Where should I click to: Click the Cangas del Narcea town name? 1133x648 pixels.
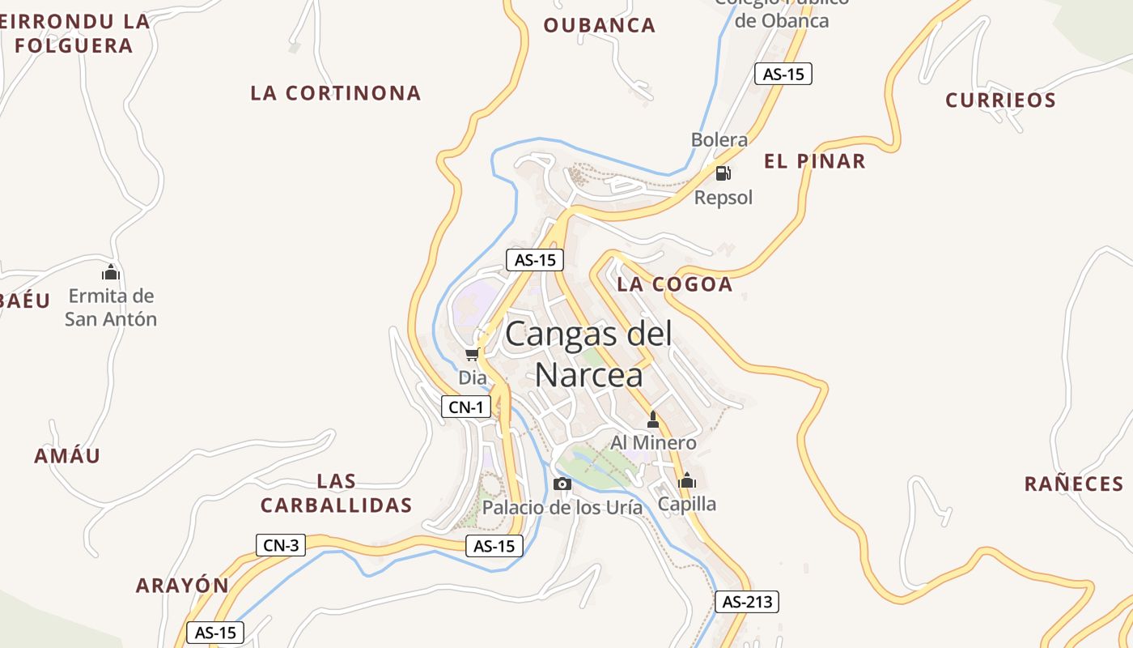pyautogui.click(x=588, y=354)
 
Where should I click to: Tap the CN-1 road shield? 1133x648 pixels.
pyautogui.click(x=466, y=407)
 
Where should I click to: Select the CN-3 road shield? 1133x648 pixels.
pyautogui.click(x=281, y=545)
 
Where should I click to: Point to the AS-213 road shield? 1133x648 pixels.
pyautogui.click(x=746, y=602)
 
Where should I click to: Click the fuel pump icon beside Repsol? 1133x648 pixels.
pyautogui.click(x=723, y=173)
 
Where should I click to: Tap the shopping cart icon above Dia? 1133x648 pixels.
pyautogui.click(x=473, y=355)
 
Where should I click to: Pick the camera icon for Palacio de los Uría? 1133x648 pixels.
pyautogui.click(x=562, y=484)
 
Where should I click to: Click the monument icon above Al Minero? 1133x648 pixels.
pyautogui.click(x=653, y=420)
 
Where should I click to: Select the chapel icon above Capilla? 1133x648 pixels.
pyautogui.click(x=687, y=480)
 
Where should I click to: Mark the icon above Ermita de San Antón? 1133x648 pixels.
pyautogui.click(x=111, y=272)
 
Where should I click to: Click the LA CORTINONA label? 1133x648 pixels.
pyautogui.click(x=336, y=93)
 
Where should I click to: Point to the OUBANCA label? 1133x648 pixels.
pyautogui.click(x=599, y=25)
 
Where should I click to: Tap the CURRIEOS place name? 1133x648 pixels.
pyautogui.click(x=1001, y=100)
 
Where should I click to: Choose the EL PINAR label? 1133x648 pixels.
pyautogui.click(x=814, y=161)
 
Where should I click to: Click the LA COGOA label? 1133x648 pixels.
pyautogui.click(x=675, y=284)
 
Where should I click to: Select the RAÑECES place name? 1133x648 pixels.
pyautogui.click(x=1074, y=484)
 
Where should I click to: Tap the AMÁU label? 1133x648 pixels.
pyautogui.click(x=67, y=456)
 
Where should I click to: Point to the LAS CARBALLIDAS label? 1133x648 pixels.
pyautogui.click(x=337, y=493)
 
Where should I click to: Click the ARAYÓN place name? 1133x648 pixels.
pyautogui.click(x=182, y=586)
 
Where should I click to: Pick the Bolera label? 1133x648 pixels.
pyautogui.click(x=719, y=140)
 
